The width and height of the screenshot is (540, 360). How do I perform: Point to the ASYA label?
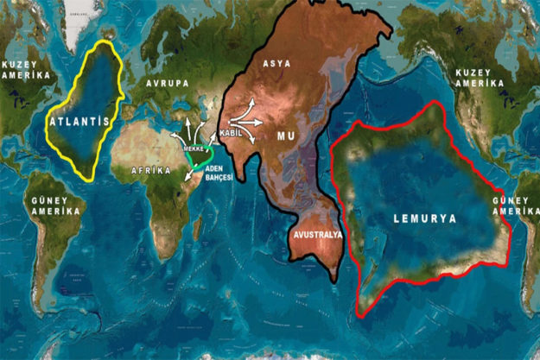[x=276, y=63]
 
